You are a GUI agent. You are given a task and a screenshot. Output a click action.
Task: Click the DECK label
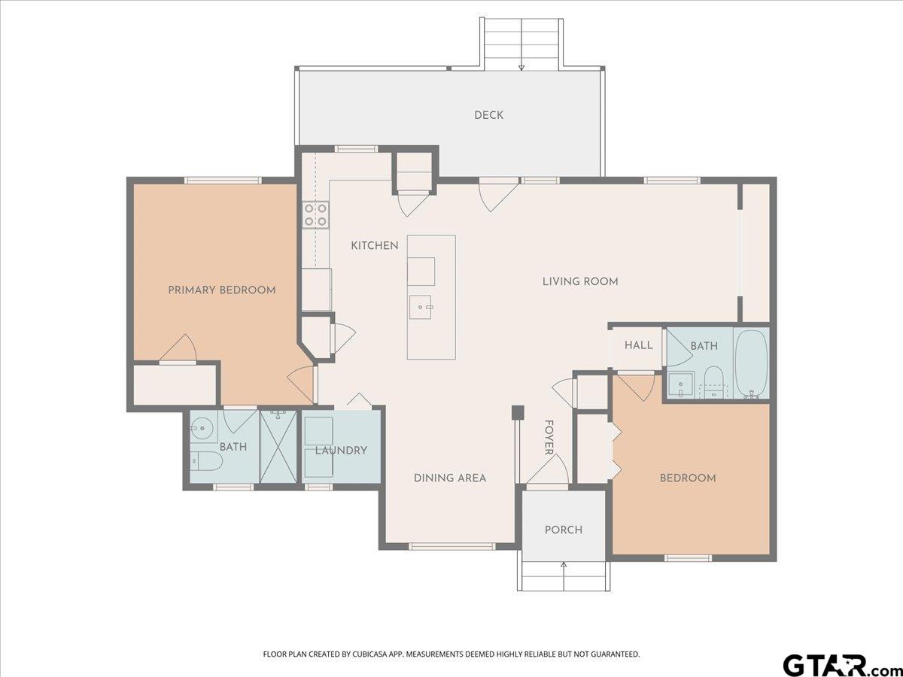pyautogui.click(x=488, y=115)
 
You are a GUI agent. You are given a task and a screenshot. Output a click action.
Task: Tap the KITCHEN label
pyautogui.click(x=374, y=246)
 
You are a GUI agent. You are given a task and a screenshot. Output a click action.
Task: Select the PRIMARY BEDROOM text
pyautogui.click(x=222, y=290)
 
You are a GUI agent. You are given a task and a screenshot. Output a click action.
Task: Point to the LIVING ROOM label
pyautogui.click(x=580, y=281)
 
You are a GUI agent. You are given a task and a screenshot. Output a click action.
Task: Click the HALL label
pyautogui.click(x=638, y=345)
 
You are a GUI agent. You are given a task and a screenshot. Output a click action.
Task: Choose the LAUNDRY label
pyautogui.click(x=341, y=451)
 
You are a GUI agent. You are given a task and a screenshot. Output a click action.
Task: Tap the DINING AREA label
pyautogui.click(x=450, y=478)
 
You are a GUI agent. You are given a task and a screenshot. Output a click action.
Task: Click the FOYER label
pyautogui.click(x=549, y=437)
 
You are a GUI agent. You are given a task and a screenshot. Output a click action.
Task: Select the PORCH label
pyautogui.click(x=564, y=530)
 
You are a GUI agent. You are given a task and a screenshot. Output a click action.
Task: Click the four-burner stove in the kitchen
pyautogui.click(x=316, y=215)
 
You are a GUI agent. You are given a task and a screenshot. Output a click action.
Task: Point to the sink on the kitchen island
pyautogui.click(x=420, y=307)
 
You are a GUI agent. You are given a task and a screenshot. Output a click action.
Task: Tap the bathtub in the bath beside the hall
pyautogui.click(x=751, y=364)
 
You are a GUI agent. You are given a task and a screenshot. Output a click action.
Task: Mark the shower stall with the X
pyautogui.click(x=278, y=446)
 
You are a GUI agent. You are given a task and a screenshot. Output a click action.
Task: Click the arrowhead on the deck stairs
pyautogui.click(x=521, y=68)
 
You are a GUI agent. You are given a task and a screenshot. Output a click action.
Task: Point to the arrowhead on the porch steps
pyautogui.click(x=564, y=566)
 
